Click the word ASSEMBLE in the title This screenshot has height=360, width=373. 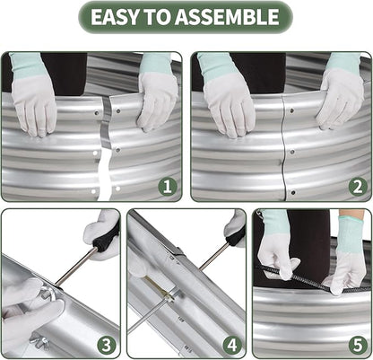pyautogui.click(x=227, y=17)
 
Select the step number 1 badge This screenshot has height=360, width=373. pyautogui.click(x=168, y=187)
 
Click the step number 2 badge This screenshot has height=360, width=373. pyautogui.click(x=358, y=187)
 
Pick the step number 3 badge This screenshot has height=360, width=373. pyautogui.click(x=107, y=345)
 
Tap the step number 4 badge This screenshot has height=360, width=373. pyautogui.click(x=232, y=345)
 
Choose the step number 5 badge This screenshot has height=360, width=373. pyautogui.click(x=358, y=345)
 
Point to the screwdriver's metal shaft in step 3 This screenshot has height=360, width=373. pyautogui.click(x=76, y=267)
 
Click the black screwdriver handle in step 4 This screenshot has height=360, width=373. pyautogui.click(x=236, y=236)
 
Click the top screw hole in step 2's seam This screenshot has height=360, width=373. pyautogui.click(x=291, y=111)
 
